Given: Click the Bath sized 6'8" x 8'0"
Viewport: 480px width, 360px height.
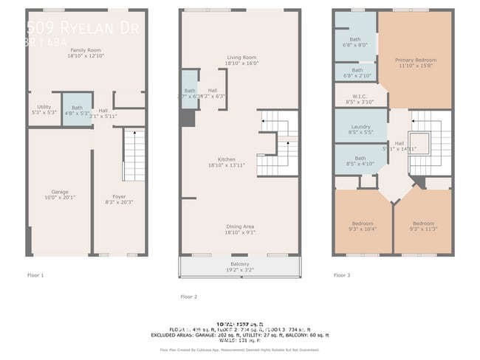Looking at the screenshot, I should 355,41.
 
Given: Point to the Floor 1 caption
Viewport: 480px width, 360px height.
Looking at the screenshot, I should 35,275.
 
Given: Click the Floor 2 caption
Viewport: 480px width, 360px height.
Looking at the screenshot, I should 189,297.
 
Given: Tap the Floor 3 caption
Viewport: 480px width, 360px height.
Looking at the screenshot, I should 341,275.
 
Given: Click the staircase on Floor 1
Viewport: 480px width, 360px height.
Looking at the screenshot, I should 134,156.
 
